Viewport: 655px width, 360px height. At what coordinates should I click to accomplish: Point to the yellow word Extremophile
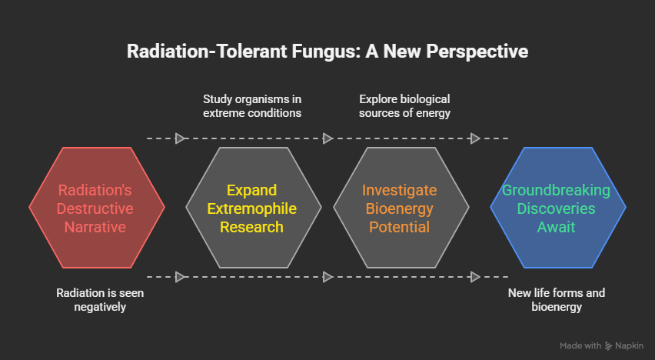point(252,208)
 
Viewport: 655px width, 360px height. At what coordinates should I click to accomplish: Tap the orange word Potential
point(399,227)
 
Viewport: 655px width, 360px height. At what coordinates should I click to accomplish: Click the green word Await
point(557,227)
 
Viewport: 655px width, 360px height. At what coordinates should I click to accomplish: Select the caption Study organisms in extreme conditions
point(251,106)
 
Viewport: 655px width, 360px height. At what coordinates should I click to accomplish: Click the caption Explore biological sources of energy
point(404,106)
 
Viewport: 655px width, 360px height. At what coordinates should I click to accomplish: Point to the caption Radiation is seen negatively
point(100,300)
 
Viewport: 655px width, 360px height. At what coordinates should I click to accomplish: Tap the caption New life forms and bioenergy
point(557,300)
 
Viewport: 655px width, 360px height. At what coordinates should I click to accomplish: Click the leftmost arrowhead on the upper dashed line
point(181,138)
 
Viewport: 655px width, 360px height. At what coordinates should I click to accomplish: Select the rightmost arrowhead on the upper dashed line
point(475,138)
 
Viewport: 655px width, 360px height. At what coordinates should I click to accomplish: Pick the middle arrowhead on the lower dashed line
point(328,277)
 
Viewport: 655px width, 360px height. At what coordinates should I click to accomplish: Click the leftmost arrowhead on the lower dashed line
point(181,277)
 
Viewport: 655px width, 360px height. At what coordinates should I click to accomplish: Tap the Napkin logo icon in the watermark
point(609,346)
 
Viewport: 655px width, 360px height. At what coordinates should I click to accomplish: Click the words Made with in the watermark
point(580,346)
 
